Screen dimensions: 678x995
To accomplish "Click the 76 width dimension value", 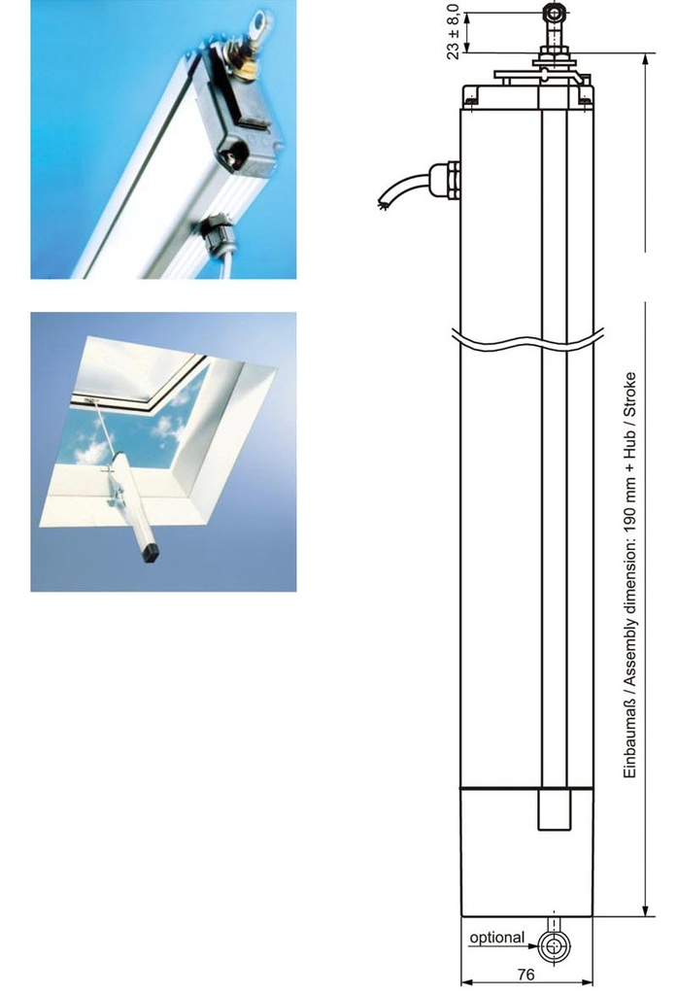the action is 525,974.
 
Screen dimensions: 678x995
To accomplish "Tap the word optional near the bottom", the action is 496,938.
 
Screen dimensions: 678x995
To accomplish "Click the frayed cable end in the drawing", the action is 382,204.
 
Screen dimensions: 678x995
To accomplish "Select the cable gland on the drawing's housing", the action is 444,180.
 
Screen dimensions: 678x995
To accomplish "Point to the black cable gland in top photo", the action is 215,233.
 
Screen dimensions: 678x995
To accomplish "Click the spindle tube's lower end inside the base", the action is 555,828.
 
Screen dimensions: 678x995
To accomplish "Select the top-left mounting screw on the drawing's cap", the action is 471,98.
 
